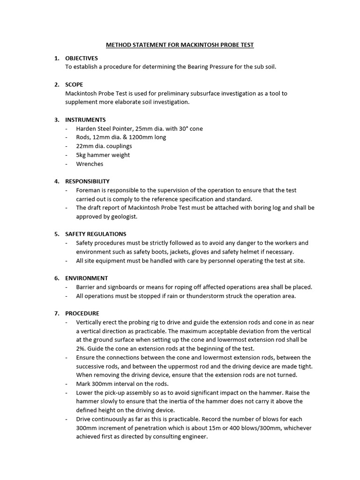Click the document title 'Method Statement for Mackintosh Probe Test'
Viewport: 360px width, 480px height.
pos(180,45)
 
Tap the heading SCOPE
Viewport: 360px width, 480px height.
pos(74,84)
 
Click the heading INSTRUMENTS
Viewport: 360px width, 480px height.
pos(85,120)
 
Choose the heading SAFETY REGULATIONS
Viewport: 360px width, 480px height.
pos(96,234)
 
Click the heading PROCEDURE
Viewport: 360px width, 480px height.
pos(82,313)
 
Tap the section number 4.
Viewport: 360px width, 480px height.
pos(56,181)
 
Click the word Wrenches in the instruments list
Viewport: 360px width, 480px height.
pos(90,164)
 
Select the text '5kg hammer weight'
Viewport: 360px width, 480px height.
pos(103,155)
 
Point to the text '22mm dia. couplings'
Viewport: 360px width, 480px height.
pos(104,146)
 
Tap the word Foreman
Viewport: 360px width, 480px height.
pos(88,190)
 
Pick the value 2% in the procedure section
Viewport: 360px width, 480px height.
pos(81,348)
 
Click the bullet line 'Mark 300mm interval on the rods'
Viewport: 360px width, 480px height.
pos(122,383)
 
